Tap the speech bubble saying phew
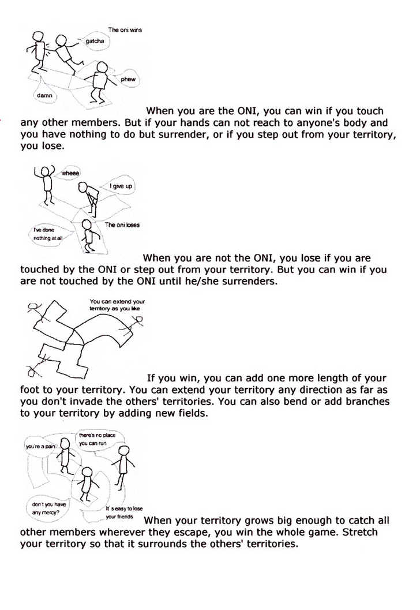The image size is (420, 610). pyautogui.click(x=127, y=79)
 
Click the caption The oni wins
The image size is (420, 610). pyautogui.click(x=125, y=30)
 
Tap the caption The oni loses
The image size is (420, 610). pyautogui.click(x=122, y=225)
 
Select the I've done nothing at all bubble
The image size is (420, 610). pyautogui.click(x=44, y=234)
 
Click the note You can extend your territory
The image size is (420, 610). pyautogui.click(x=117, y=305)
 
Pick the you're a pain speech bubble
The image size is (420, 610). pyautogui.click(x=39, y=447)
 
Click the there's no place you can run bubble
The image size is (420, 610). pyautogui.click(x=94, y=439)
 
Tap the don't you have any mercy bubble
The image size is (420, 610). pyautogui.click(x=48, y=508)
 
